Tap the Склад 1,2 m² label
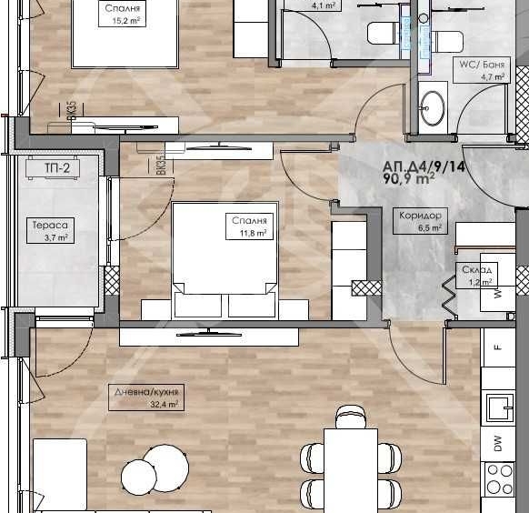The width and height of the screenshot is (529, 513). point(476,276)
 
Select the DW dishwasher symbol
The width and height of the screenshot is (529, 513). point(497,443)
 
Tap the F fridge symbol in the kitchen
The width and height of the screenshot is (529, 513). point(497,347)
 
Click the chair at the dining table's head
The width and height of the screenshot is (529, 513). point(350,418)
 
